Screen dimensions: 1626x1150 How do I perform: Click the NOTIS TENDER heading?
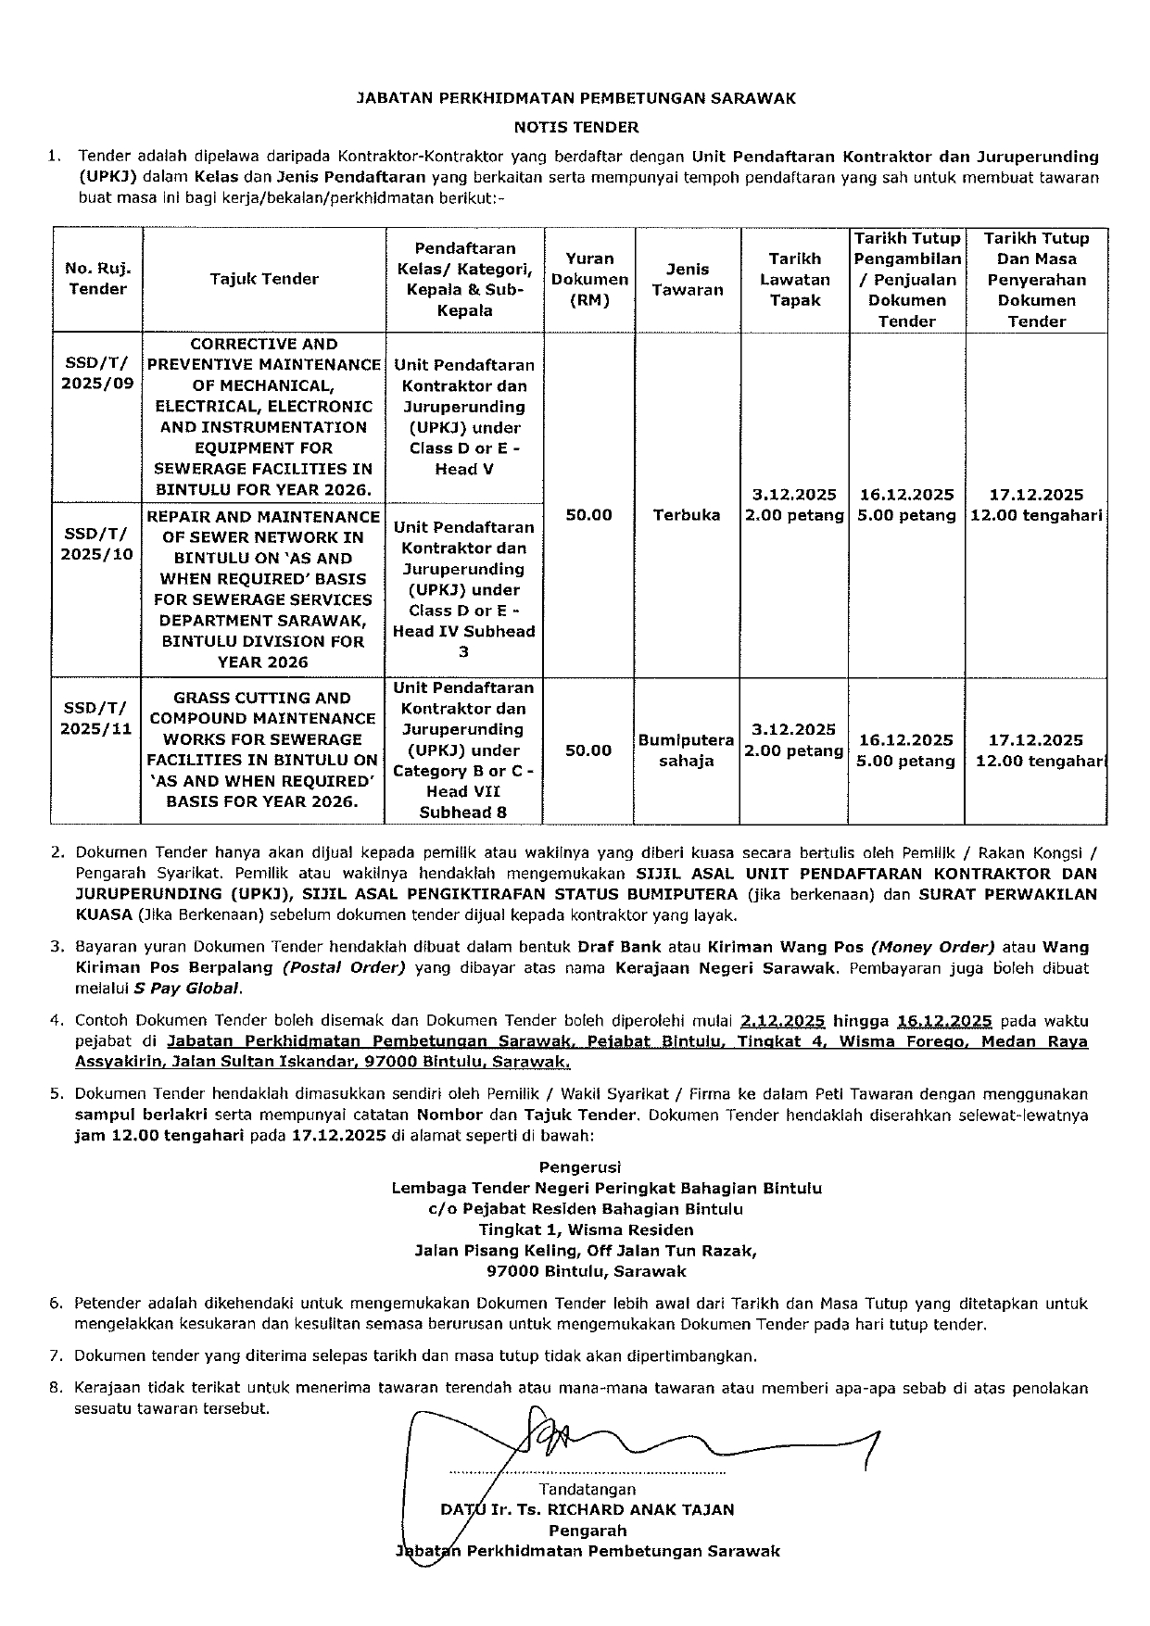point(576,127)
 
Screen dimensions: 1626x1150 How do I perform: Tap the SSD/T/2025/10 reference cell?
point(97,544)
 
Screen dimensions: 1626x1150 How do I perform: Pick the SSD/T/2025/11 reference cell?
point(97,718)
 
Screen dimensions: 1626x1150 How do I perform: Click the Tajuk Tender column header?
point(264,279)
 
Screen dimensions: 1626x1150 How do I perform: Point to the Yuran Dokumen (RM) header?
point(589,279)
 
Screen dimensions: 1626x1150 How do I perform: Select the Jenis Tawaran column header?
point(688,279)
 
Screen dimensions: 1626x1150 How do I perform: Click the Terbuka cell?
point(687,515)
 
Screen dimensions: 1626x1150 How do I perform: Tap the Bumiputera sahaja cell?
point(687,750)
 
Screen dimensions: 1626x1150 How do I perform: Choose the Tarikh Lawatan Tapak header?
point(795,279)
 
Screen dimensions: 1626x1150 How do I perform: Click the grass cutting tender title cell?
point(263,750)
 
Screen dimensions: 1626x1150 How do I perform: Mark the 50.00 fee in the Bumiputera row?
point(589,750)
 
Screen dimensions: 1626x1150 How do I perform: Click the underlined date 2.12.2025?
point(783,1021)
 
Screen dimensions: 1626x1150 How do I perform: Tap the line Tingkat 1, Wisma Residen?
point(586,1229)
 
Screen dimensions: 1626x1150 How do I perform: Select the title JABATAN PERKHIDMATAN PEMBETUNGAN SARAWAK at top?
point(576,97)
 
